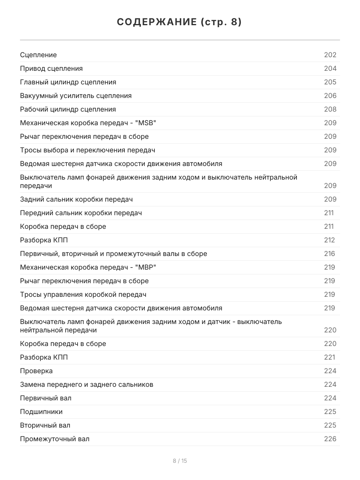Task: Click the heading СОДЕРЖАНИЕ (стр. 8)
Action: click(180, 22)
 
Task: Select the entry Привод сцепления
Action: click(51, 68)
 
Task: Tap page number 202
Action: click(330, 55)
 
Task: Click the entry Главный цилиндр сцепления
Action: click(68, 82)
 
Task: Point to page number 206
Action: click(330, 96)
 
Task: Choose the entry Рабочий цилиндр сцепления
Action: click(68, 109)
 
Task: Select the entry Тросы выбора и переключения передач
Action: click(88, 150)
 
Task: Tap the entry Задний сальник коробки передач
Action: click(76, 199)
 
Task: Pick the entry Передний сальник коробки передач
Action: click(81, 213)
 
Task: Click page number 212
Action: click(329, 240)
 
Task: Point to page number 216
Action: click(329, 254)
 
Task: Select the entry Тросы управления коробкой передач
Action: click(83, 294)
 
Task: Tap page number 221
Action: click(329, 357)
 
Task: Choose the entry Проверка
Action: click(36, 371)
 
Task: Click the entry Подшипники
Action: click(41, 412)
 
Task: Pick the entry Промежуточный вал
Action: click(55, 439)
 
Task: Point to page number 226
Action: click(330, 439)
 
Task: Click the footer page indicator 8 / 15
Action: click(180, 461)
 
